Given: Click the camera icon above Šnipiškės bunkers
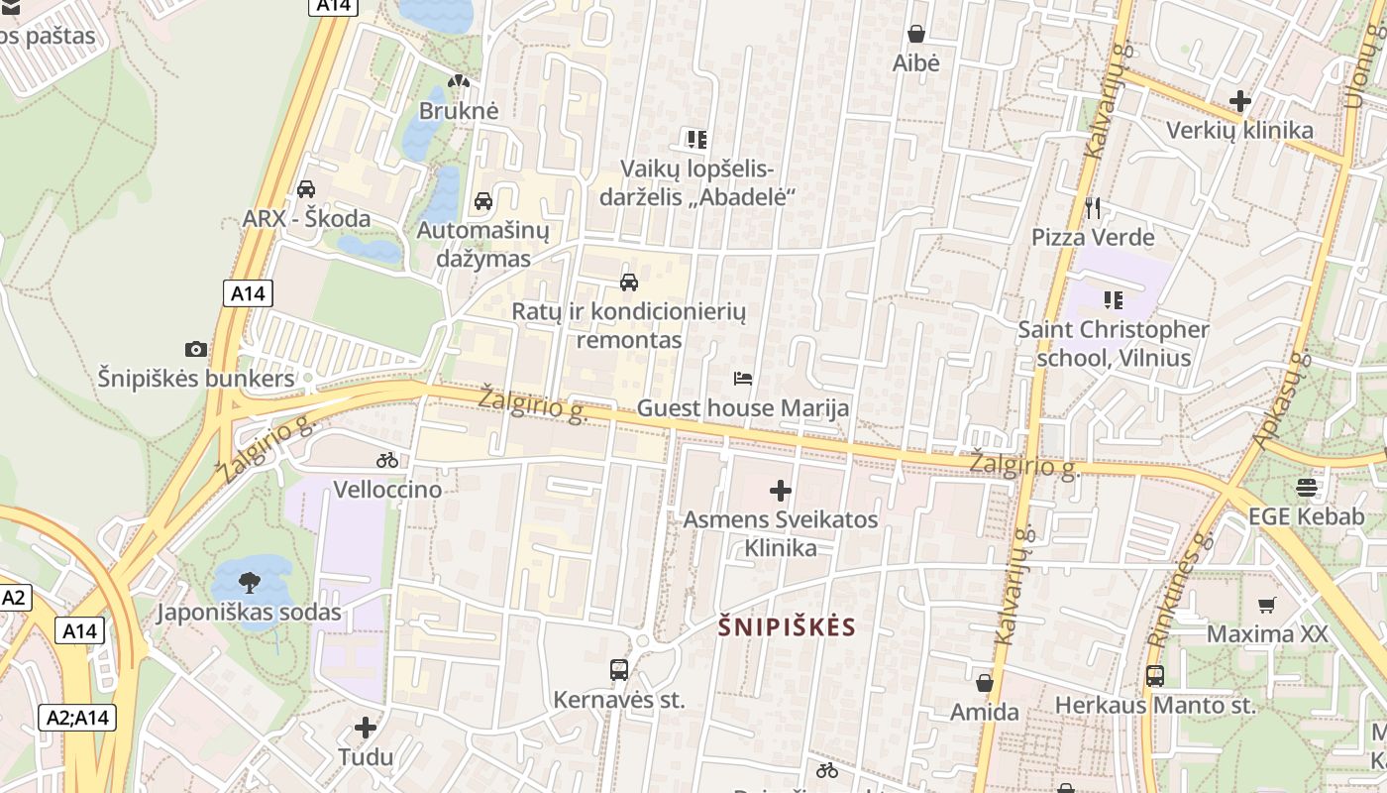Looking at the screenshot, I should tap(196, 349).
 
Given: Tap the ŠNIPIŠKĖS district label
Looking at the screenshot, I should tap(787, 626).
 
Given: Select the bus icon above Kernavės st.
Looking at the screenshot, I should tap(619, 670).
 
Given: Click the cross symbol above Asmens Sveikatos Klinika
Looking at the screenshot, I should tap(781, 490).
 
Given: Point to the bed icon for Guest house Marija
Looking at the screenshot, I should tap(743, 378).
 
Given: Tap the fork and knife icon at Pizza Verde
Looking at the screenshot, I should tap(1093, 207).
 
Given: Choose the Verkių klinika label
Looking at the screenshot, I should tap(1239, 130).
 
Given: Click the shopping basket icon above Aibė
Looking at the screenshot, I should tap(916, 34).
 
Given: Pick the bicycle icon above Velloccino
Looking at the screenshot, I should tap(387, 460).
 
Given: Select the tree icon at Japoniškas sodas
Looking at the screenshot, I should tap(250, 582).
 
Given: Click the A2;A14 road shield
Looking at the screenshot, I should tap(78, 718).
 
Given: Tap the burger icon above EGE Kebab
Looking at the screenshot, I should tap(1307, 487).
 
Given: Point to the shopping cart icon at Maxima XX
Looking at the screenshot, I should tap(1266, 605).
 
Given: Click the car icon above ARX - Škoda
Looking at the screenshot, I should tap(306, 188).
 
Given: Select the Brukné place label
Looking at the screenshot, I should tap(459, 110).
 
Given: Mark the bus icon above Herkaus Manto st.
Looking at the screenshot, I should tap(1155, 676).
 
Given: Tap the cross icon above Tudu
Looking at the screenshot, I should tap(366, 728).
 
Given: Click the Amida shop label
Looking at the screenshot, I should tap(984, 712).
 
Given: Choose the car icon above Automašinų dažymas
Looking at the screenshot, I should tap(483, 201).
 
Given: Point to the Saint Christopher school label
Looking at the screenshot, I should tap(1114, 343).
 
